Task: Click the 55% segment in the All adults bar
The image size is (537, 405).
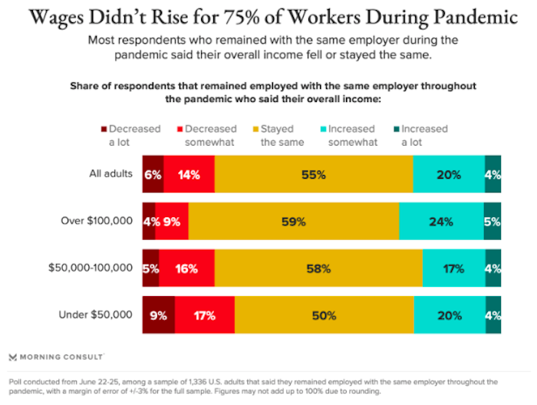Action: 313,175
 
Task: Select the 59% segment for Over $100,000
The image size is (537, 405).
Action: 293,222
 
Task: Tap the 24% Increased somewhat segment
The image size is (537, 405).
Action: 441,222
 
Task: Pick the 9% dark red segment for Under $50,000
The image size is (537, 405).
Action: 158,314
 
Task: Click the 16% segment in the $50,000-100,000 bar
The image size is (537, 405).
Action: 186,268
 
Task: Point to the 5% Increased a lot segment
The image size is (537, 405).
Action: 493,222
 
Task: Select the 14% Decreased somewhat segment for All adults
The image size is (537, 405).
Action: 189,175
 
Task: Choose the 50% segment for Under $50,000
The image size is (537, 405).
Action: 324,314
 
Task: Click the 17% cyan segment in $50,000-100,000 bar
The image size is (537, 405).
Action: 453,268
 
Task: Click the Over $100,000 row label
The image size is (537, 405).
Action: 97,222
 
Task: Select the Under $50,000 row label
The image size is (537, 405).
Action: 96,314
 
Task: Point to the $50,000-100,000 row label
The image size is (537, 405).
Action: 91,268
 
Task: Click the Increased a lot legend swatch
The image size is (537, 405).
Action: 396,129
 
